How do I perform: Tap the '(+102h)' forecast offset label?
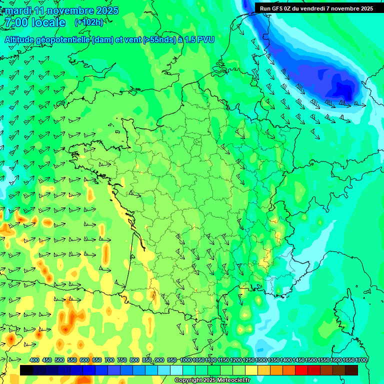pyautogui.click(x=89, y=22)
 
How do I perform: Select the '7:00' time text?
pyautogui.click(x=15, y=22)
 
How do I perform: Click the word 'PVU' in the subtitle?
pyautogui.click(x=205, y=39)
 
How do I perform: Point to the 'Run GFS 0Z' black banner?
pyautogui.click(x=316, y=8)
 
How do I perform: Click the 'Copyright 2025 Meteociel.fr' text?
pyautogui.click(x=212, y=380)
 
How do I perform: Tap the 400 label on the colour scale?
pyautogui.click(x=34, y=360)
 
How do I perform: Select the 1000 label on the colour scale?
pyautogui.click(x=186, y=360)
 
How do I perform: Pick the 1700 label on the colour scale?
pyautogui.click(x=361, y=360)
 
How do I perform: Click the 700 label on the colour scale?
pyautogui.click(x=109, y=360)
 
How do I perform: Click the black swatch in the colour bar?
pyautogui.click(x=26, y=370)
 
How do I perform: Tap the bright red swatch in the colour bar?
pyautogui.click(x=301, y=370)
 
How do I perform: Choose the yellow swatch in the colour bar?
pyautogui.click(x=251, y=370)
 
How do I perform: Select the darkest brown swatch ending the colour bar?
pyautogui.click(x=351, y=370)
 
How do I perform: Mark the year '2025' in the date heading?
pyautogui.click(x=106, y=10)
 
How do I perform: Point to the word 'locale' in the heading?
pyautogui.click(x=48, y=22)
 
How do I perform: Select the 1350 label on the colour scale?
pyautogui.click(x=273, y=360)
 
